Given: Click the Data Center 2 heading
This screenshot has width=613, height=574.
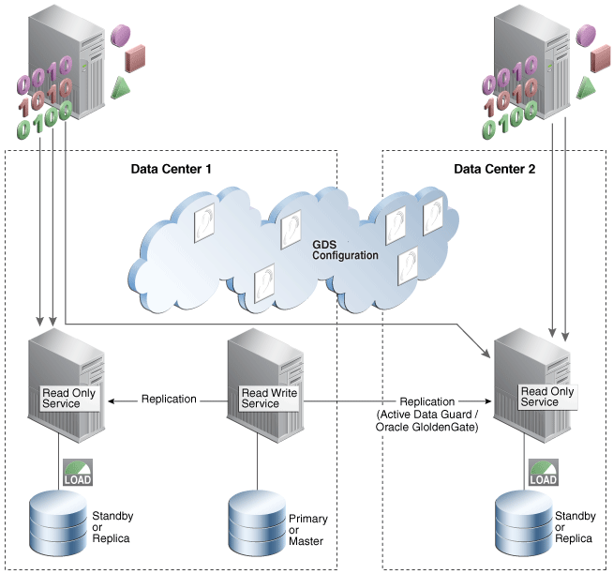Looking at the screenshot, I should (x=496, y=170).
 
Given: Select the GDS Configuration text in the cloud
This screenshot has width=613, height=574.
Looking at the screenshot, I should (x=345, y=249).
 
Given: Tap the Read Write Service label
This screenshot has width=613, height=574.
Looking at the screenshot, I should (x=269, y=398).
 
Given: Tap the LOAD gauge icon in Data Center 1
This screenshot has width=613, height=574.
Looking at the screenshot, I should (x=78, y=473).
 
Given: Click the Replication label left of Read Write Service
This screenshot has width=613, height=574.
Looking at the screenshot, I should (x=169, y=399).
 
